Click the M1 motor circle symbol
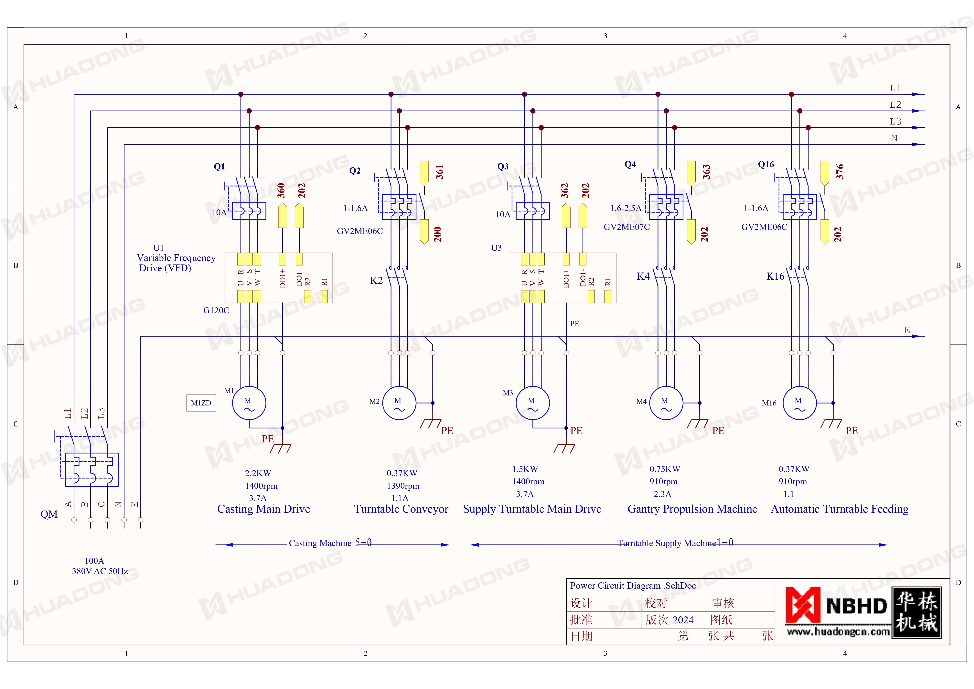pyautogui.click(x=249, y=403)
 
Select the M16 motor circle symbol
pyautogui.click(x=799, y=403)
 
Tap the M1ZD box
pyautogui.click(x=201, y=403)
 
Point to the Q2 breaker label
pyautogui.click(x=355, y=171)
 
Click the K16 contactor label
pyautogui.click(x=775, y=276)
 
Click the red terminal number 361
pyautogui.click(x=439, y=172)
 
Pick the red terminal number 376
pyautogui.click(x=840, y=171)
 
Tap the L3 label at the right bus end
pyautogui.click(x=895, y=122)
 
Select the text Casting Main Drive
pyautogui.click(x=263, y=509)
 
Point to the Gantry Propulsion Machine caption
pyautogui.click(x=692, y=509)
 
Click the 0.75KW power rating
pyautogui.click(x=665, y=469)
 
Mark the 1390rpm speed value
pyautogui.click(x=403, y=486)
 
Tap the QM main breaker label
pyautogui.click(x=49, y=514)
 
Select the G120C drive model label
pyautogui.click(x=216, y=311)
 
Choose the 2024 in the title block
pyautogui.click(x=683, y=620)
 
